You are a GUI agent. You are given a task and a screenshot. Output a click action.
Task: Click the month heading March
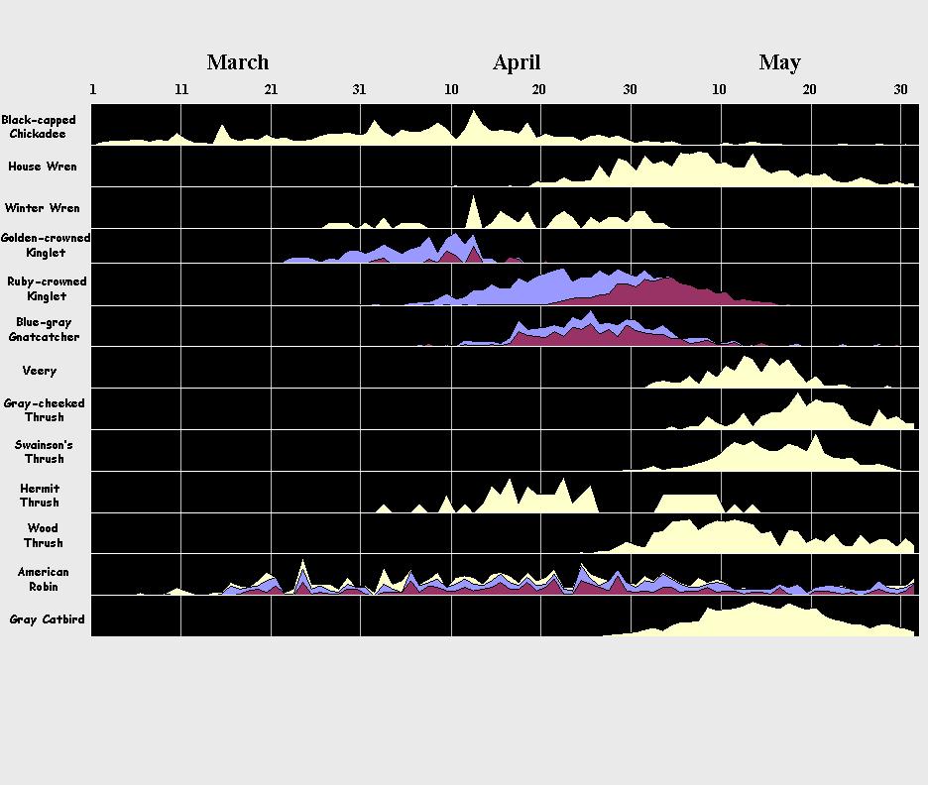pos(237,62)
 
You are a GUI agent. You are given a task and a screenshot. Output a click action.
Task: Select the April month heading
pos(517,62)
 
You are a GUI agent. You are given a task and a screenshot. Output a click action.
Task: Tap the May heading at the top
pos(779,62)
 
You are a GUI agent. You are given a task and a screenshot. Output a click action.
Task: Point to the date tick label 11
pos(181,89)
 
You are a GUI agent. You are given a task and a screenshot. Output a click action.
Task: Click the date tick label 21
pos(271,89)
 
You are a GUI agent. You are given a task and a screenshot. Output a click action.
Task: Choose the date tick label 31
pos(359,89)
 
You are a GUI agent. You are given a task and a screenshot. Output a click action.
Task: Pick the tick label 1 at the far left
pos(93,89)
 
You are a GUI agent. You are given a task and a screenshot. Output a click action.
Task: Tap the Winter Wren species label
pos(42,208)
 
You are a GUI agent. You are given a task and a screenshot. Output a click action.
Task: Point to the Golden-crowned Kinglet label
pos(46,245)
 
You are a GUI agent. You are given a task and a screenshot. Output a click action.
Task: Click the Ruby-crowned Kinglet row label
pos(47,288)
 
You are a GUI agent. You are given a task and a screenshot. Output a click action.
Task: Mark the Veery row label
pos(40,371)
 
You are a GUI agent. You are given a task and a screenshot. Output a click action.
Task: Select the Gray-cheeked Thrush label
pos(44,410)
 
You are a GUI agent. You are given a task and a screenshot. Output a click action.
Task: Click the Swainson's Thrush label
pos(44,452)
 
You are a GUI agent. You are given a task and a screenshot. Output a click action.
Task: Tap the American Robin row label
pos(44,579)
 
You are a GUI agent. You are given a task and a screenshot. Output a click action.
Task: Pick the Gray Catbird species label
pos(46,619)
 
